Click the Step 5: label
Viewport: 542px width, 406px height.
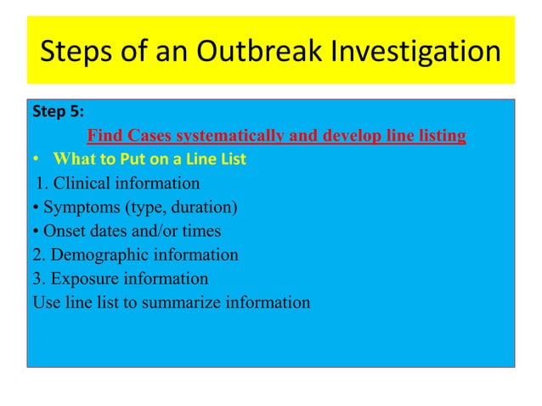click(x=57, y=111)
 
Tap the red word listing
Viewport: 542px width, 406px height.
click(x=438, y=136)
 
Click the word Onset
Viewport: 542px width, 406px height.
click(x=63, y=230)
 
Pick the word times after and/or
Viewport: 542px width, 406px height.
click(x=201, y=230)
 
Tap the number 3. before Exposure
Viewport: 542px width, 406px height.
click(x=38, y=278)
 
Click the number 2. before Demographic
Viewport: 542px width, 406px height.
click(x=38, y=254)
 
